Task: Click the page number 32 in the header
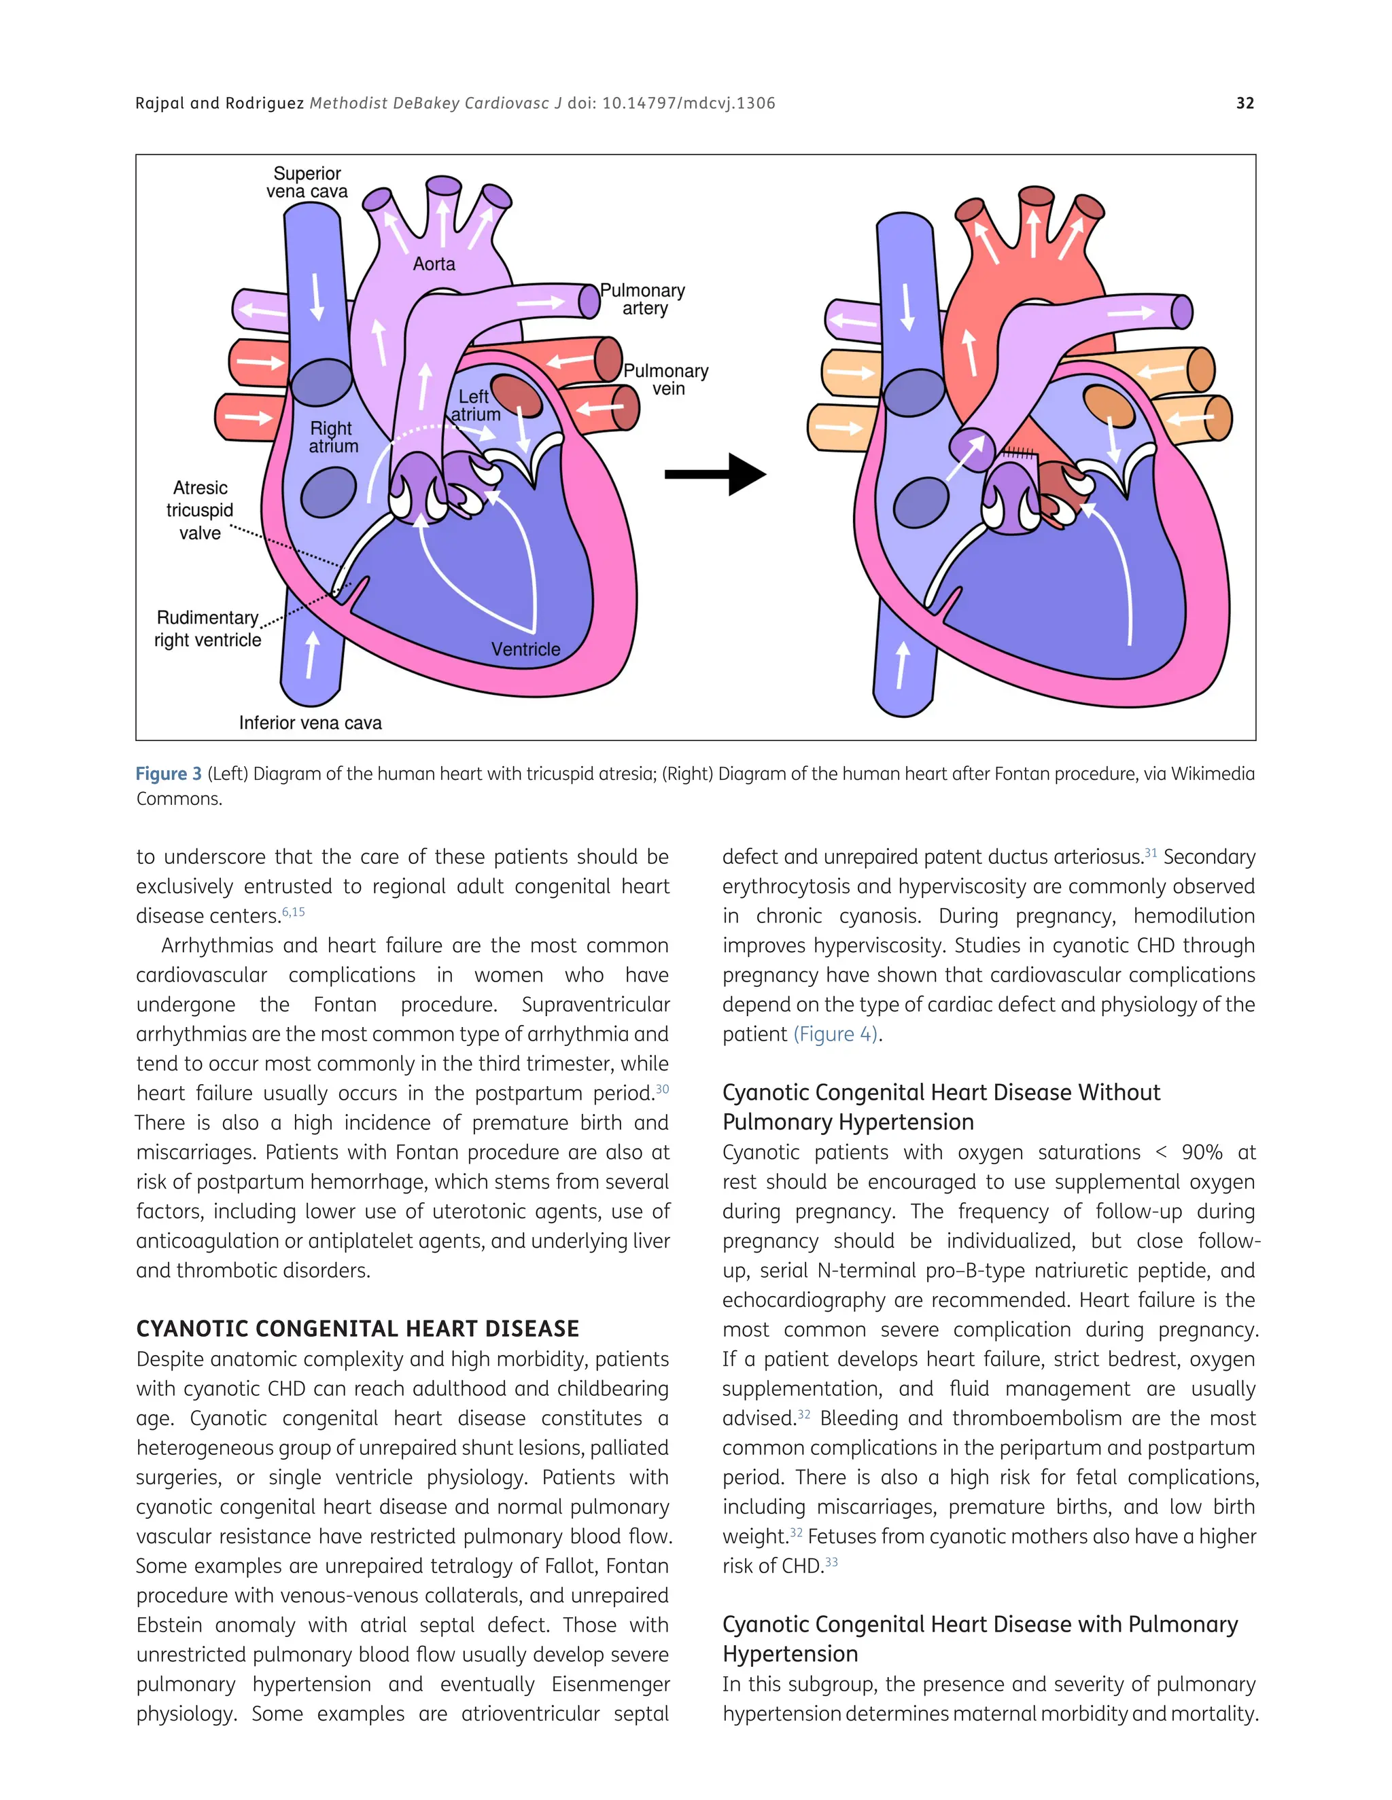coord(1245,103)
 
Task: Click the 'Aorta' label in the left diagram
coord(434,264)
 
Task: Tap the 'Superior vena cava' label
coord(307,182)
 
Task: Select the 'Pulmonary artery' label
coord(643,299)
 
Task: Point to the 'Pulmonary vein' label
coord(666,380)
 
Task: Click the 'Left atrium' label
coord(475,406)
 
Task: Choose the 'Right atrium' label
coord(332,437)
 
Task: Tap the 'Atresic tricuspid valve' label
coord(200,510)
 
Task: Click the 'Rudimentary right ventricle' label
coord(208,629)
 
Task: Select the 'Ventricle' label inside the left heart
coord(525,649)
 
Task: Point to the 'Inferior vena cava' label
coord(310,723)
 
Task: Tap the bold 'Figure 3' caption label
coord(169,774)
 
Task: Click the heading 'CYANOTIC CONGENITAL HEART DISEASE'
coord(357,1329)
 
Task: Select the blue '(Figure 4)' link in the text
coord(835,1034)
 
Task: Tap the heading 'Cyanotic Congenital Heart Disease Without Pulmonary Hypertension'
coord(941,1107)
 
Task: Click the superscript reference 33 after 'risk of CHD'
coord(831,1562)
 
